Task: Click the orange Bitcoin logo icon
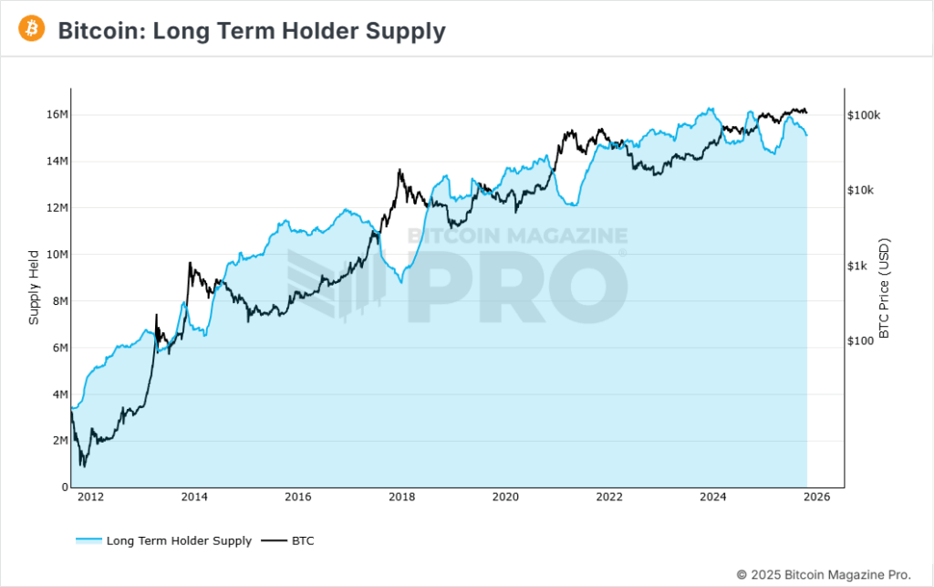(32, 29)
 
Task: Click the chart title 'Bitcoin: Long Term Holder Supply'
(252, 31)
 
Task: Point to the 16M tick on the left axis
(57, 115)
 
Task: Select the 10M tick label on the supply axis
(57, 255)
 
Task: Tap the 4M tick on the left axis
(59, 394)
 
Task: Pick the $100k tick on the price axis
(864, 116)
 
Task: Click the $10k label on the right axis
(861, 191)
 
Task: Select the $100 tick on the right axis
(861, 341)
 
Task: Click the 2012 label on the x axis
(90, 498)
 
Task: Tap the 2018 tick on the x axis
(402, 498)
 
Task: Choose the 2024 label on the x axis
(713, 498)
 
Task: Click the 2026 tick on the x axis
(817, 498)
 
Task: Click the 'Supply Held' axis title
(34, 287)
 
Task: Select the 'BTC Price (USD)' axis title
(884, 288)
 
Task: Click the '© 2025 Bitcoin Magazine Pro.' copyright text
(823, 574)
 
